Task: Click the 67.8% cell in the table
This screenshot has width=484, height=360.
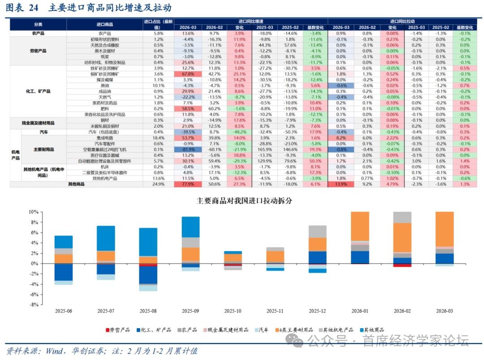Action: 188,74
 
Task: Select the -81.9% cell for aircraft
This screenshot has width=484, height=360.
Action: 188,149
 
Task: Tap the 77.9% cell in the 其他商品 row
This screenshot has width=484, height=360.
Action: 188,184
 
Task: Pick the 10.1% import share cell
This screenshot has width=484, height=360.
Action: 158,85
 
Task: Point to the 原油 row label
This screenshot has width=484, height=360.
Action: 104,85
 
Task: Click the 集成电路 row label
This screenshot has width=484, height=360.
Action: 104,138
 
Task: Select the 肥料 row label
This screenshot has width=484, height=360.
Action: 104,108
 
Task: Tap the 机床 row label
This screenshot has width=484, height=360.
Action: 104,166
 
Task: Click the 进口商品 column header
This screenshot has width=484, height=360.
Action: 104,24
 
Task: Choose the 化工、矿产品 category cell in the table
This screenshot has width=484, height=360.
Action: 38,91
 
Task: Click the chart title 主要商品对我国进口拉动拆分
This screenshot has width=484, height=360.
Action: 244,200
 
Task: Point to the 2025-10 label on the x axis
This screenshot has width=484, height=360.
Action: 233,311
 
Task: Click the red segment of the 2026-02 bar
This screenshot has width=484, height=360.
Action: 402,265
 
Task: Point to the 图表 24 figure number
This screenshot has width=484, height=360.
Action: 22,8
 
